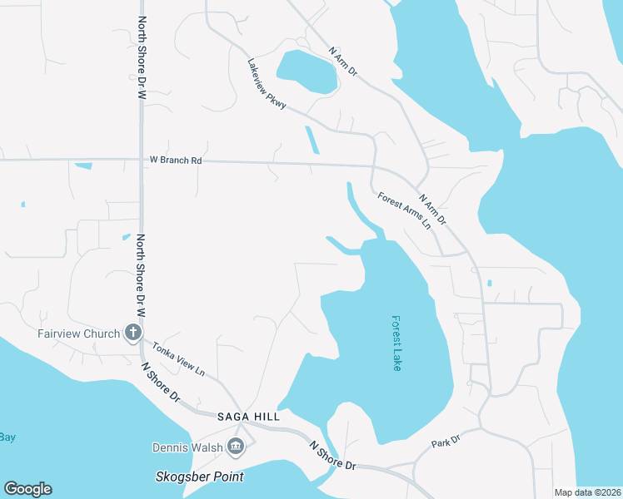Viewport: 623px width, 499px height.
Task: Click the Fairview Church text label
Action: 79,334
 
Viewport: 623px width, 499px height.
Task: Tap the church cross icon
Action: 132,333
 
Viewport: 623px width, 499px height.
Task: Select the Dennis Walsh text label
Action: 187,447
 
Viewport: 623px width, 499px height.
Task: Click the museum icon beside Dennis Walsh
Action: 236,447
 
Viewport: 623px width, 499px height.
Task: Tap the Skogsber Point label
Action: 200,477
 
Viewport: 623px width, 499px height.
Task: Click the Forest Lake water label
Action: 396,343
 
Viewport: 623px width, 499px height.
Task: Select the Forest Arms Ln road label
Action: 404,211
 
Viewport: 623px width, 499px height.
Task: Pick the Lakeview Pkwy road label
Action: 267,84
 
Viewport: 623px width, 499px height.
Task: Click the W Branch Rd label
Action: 176,160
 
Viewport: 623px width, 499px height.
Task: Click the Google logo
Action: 27,489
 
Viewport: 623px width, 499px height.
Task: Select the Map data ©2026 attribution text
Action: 588,492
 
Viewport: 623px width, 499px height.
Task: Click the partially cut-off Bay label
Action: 7,437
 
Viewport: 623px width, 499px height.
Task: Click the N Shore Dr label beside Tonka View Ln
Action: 160,382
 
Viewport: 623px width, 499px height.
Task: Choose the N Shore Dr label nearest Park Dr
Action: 332,456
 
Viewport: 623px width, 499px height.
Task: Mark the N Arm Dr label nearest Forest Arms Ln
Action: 432,210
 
